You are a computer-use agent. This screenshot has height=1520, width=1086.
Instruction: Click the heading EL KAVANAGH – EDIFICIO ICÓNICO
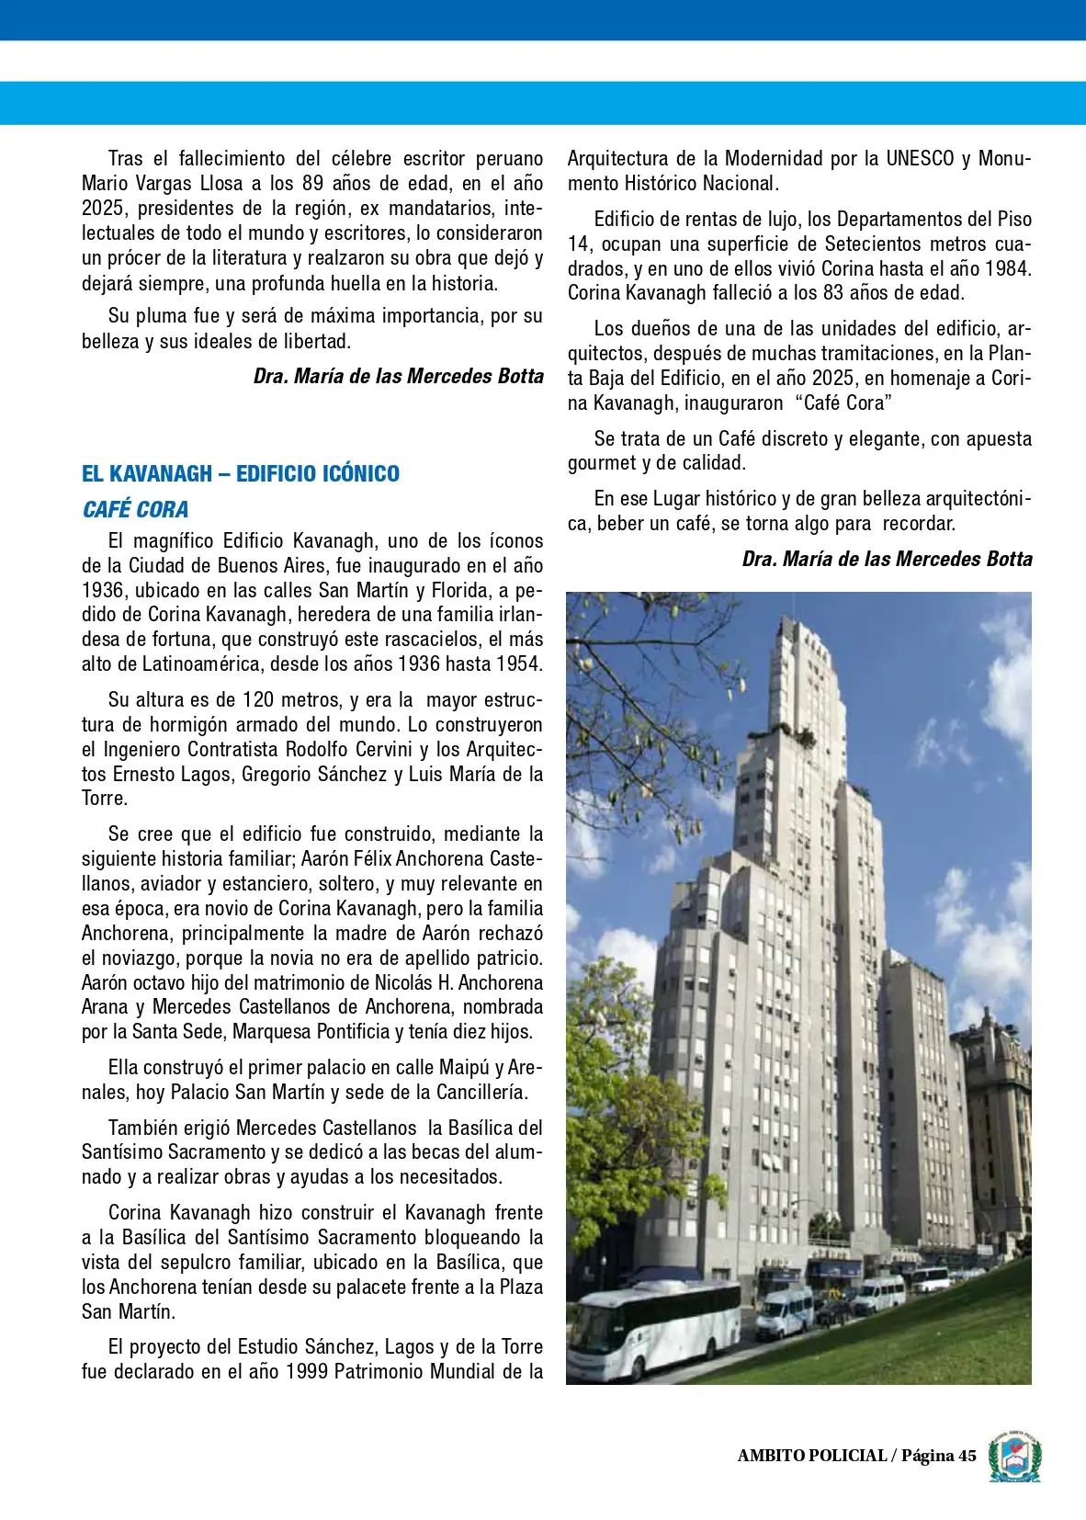pos(241,474)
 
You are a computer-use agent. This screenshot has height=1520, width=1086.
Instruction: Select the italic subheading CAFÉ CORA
pos(135,509)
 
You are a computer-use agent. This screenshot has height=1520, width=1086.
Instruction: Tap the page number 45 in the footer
pos(967,1455)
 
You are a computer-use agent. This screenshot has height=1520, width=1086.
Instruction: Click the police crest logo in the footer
pos(1014,1456)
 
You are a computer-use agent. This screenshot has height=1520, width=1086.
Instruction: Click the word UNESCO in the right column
pos(920,158)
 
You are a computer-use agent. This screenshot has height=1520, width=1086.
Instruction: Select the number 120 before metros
pos(258,699)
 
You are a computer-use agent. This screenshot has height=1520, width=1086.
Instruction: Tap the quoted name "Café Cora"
pos(843,403)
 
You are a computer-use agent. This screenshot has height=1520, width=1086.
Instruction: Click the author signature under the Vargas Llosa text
pos(398,376)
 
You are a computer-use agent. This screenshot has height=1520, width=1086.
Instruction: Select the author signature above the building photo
pos(887,559)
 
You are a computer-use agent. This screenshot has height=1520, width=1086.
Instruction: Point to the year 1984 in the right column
pos(1008,268)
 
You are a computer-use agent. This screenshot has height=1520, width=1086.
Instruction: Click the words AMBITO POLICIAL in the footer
pos(811,1455)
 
